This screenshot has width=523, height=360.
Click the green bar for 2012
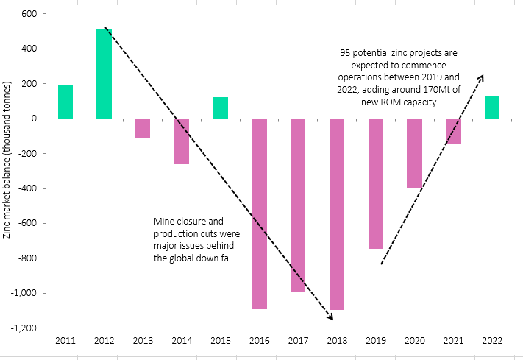coord(104,74)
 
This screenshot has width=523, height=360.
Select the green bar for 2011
coord(65,102)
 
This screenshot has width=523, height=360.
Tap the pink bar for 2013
coord(143,128)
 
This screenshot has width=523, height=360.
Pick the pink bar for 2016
coord(259,213)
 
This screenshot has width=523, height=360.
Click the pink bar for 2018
coord(337,214)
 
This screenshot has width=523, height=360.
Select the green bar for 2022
coord(492,107)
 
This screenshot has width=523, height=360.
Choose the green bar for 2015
coord(220,107)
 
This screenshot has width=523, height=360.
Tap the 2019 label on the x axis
coord(375,340)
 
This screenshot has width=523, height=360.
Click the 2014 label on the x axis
coord(182,340)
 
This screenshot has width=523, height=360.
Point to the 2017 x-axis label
coord(298,340)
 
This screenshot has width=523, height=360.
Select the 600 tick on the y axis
coord(29,14)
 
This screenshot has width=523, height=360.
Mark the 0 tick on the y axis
coord(34,119)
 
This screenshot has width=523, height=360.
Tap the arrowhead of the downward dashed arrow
coord(331,317)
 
